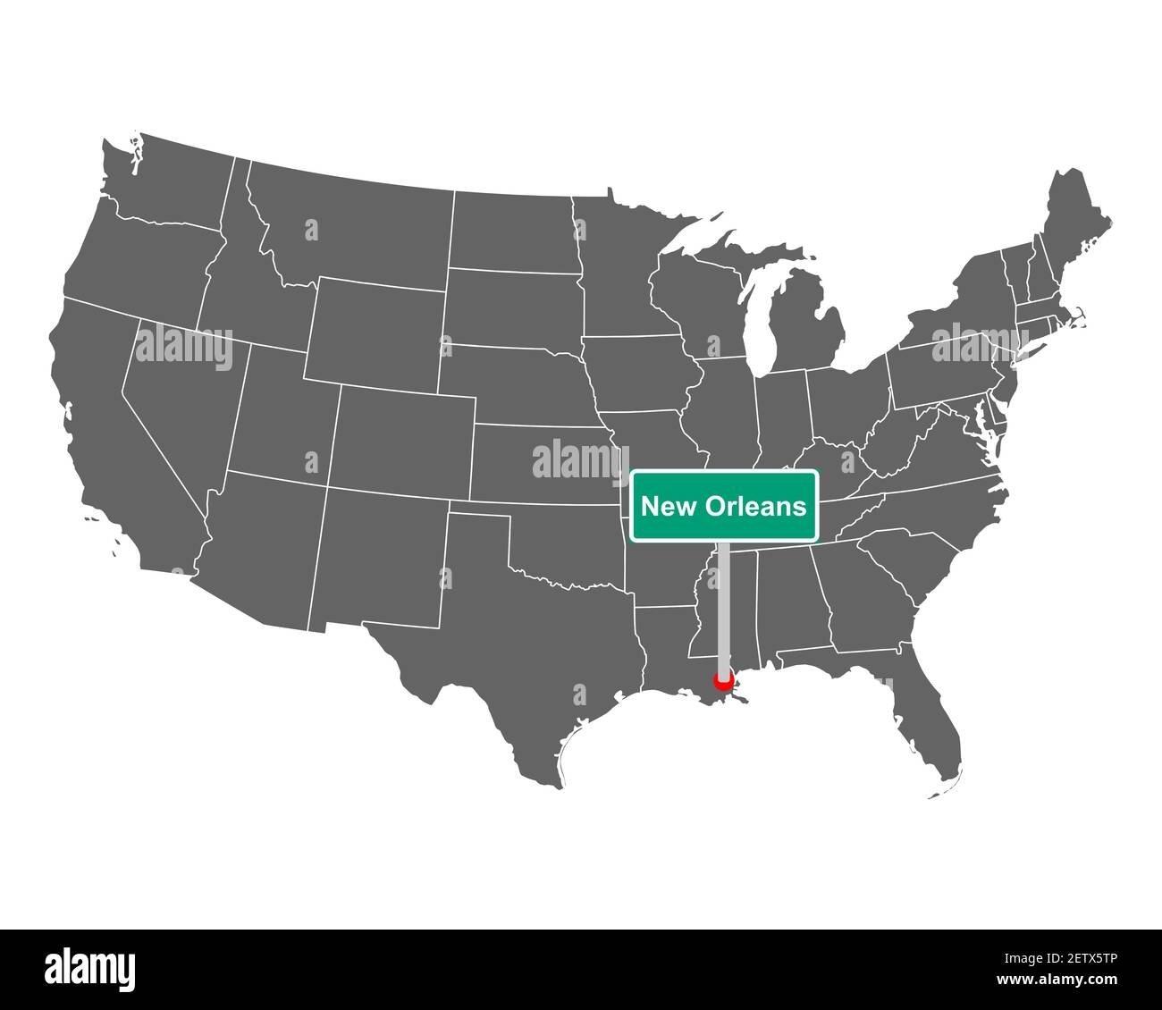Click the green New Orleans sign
pos(724,506)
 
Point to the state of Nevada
pos(179,393)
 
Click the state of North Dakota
pos(509,228)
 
